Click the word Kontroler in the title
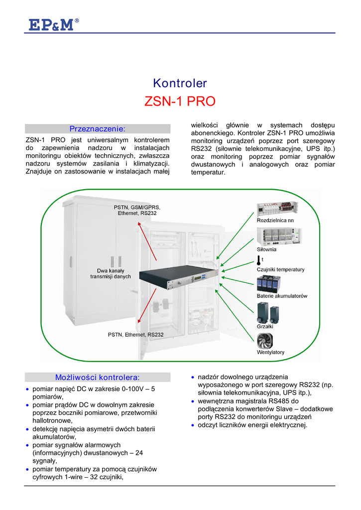pyautogui.click(x=180, y=83)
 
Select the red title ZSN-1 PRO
pyautogui.click(x=180, y=102)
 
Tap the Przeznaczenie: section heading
pyautogui.click(x=98, y=129)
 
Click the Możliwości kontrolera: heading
pyautogui.click(x=98, y=377)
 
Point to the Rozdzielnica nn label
pyautogui.click(x=275, y=220)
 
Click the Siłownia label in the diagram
pyautogui.click(x=266, y=249)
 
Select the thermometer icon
pyautogui.click(x=259, y=260)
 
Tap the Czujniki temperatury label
pyautogui.click(x=280, y=269)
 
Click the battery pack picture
pyautogui.click(x=268, y=283)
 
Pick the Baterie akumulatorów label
pyautogui.click(x=282, y=296)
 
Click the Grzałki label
pyautogui.click(x=265, y=326)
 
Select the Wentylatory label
pyautogui.click(x=270, y=352)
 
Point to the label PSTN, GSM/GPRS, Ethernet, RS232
pyautogui.click(x=137, y=210)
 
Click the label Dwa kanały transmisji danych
pyautogui.click(x=111, y=273)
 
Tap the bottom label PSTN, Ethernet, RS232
pyautogui.click(x=135, y=335)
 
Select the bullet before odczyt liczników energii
pyautogui.click(x=193, y=425)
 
